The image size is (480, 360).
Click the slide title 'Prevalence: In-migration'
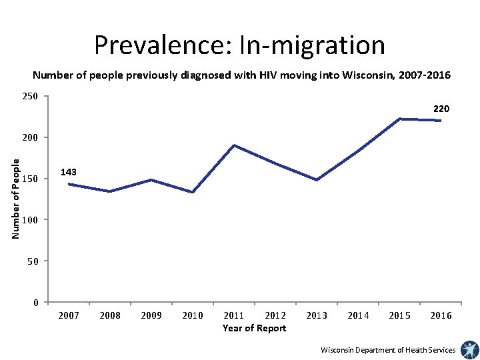pyautogui.click(x=239, y=45)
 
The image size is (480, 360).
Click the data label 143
pyautogui.click(x=68, y=172)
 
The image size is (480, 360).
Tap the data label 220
pyautogui.click(x=441, y=108)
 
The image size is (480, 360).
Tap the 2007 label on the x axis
pyautogui.click(x=69, y=315)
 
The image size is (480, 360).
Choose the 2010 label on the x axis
pyautogui.click(x=193, y=315)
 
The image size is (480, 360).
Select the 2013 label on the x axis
pyautogui.click(x=317, y=315)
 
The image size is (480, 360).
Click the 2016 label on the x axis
pyautogui.click(x=441, y=315)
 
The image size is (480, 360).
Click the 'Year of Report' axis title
pyautogui.click(x=254, y=328)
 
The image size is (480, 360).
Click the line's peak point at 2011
pyautogui.click(x=234, y=145)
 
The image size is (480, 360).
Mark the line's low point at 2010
pyautogui.click(x=193, y=192)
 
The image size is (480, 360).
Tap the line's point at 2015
pyautogui.click(x=399, y=119)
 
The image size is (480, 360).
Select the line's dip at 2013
pyautogui.click(x=317, y=180)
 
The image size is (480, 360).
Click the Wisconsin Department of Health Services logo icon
pyautogui.click(x=469, y=349)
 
